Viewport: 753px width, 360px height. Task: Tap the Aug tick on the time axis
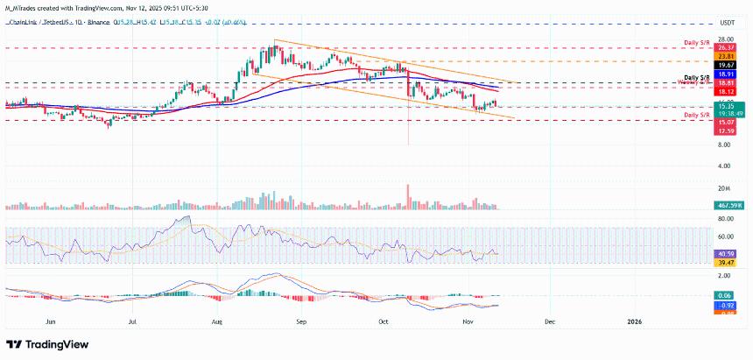click(217, 321)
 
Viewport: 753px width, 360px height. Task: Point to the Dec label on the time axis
click(549, 321)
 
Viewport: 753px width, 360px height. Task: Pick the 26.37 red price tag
click(725, 48)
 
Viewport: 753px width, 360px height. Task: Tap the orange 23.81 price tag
click(725, 56)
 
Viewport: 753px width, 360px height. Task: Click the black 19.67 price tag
click(725, 65)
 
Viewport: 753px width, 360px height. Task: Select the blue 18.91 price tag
click(725, 75)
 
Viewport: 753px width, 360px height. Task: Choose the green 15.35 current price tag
click(725, 105)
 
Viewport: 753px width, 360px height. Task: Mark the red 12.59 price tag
click(725, 131)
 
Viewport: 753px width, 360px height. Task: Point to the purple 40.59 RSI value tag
click(725, 253)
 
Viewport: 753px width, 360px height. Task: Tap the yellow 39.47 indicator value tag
click(725, 262)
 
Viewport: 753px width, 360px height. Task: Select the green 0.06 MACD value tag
click(725, 296)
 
